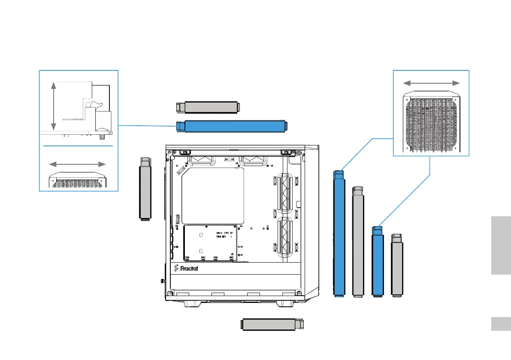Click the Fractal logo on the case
click(187, 269)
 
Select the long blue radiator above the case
click(232, 126)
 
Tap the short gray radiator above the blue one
click(208, 107)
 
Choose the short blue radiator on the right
click(378, 262)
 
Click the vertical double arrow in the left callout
click(53, 106)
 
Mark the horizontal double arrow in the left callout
click(77, 164)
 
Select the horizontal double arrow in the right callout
click(432, 83)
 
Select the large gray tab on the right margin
click(499, 245)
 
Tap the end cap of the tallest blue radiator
click(339, 174)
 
